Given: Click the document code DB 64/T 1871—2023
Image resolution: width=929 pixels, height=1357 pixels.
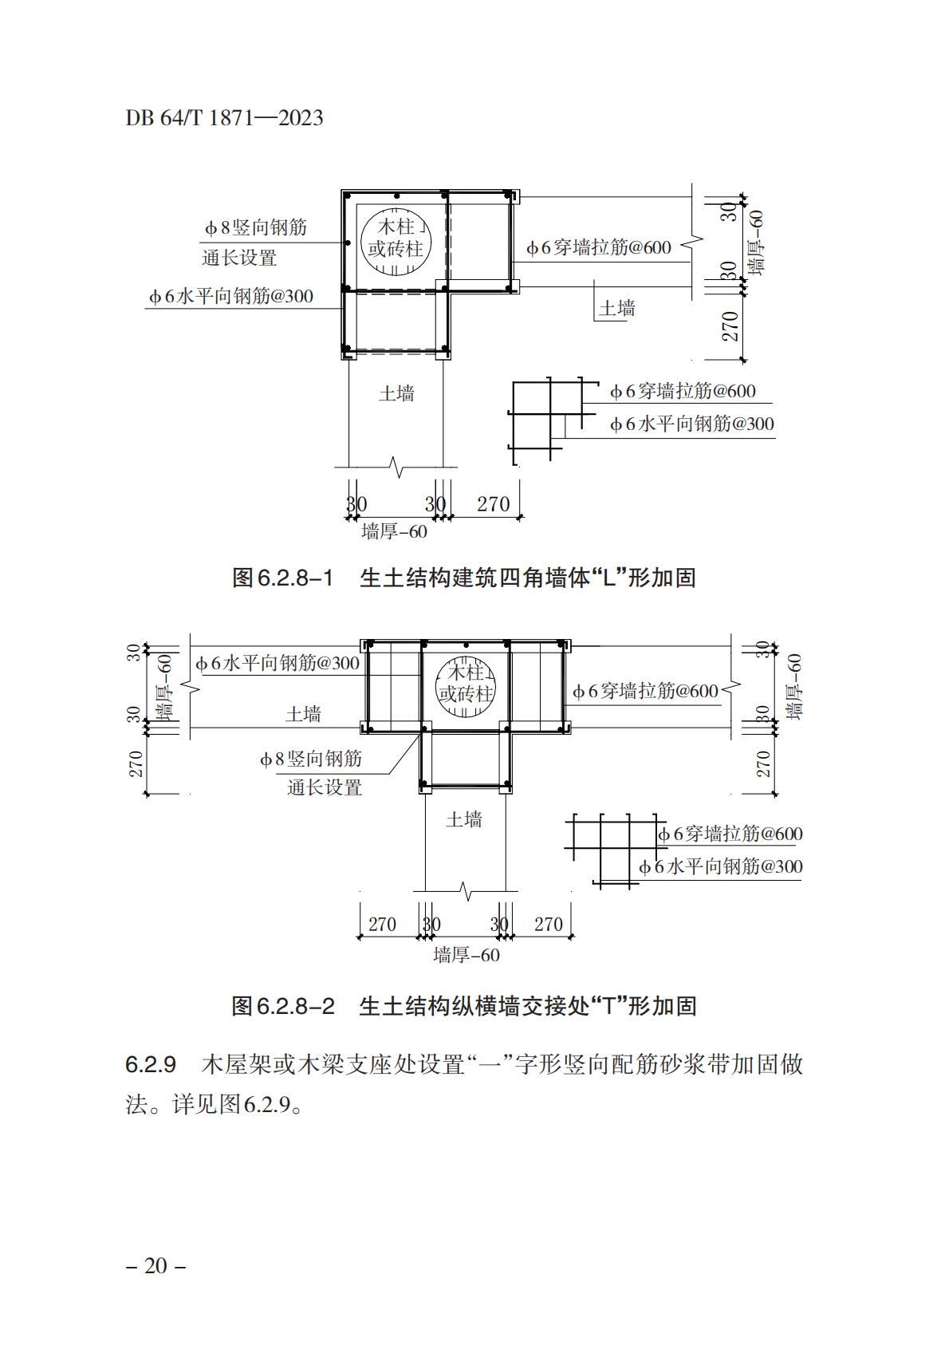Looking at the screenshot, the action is tap(224, 117).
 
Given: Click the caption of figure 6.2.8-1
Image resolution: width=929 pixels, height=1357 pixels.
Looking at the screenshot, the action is tap(464, 578).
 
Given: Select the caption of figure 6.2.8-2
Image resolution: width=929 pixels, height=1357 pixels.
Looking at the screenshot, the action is tap(464, 1006).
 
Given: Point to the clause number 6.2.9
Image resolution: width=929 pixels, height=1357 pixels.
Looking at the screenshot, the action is tap(151, 1064).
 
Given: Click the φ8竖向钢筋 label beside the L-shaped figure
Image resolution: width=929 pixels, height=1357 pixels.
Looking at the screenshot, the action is tap(255, 228).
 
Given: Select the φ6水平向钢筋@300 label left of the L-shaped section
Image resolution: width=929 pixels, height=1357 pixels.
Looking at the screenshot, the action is tap(231, 296).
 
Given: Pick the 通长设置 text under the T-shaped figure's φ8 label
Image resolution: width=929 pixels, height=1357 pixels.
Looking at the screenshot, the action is tap(325, 787).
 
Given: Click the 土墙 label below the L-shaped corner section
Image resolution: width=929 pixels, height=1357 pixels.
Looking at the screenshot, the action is tap(396, 394).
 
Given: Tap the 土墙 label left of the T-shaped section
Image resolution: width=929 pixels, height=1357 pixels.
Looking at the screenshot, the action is tap(303, 714).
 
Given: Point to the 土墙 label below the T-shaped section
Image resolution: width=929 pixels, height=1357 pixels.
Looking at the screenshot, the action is tap(464, 819).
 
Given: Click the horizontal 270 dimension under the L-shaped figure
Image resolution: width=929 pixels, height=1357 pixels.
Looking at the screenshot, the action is tap(493, 504).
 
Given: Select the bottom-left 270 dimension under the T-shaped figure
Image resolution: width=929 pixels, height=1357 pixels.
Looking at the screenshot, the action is tap(382, 925).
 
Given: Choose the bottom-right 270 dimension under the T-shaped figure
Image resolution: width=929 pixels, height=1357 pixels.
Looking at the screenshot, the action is tap(548, 925).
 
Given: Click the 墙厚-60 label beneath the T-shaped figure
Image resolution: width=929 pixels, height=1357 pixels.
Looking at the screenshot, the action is tap(466, 956).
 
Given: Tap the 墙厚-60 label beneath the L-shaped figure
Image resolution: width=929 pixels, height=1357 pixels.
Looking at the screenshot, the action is tap(394, 531).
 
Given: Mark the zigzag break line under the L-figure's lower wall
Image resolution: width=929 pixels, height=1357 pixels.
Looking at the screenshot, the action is tap(396, 467).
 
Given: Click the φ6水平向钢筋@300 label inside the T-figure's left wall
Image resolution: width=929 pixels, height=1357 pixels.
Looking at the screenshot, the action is tap(278, 664).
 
